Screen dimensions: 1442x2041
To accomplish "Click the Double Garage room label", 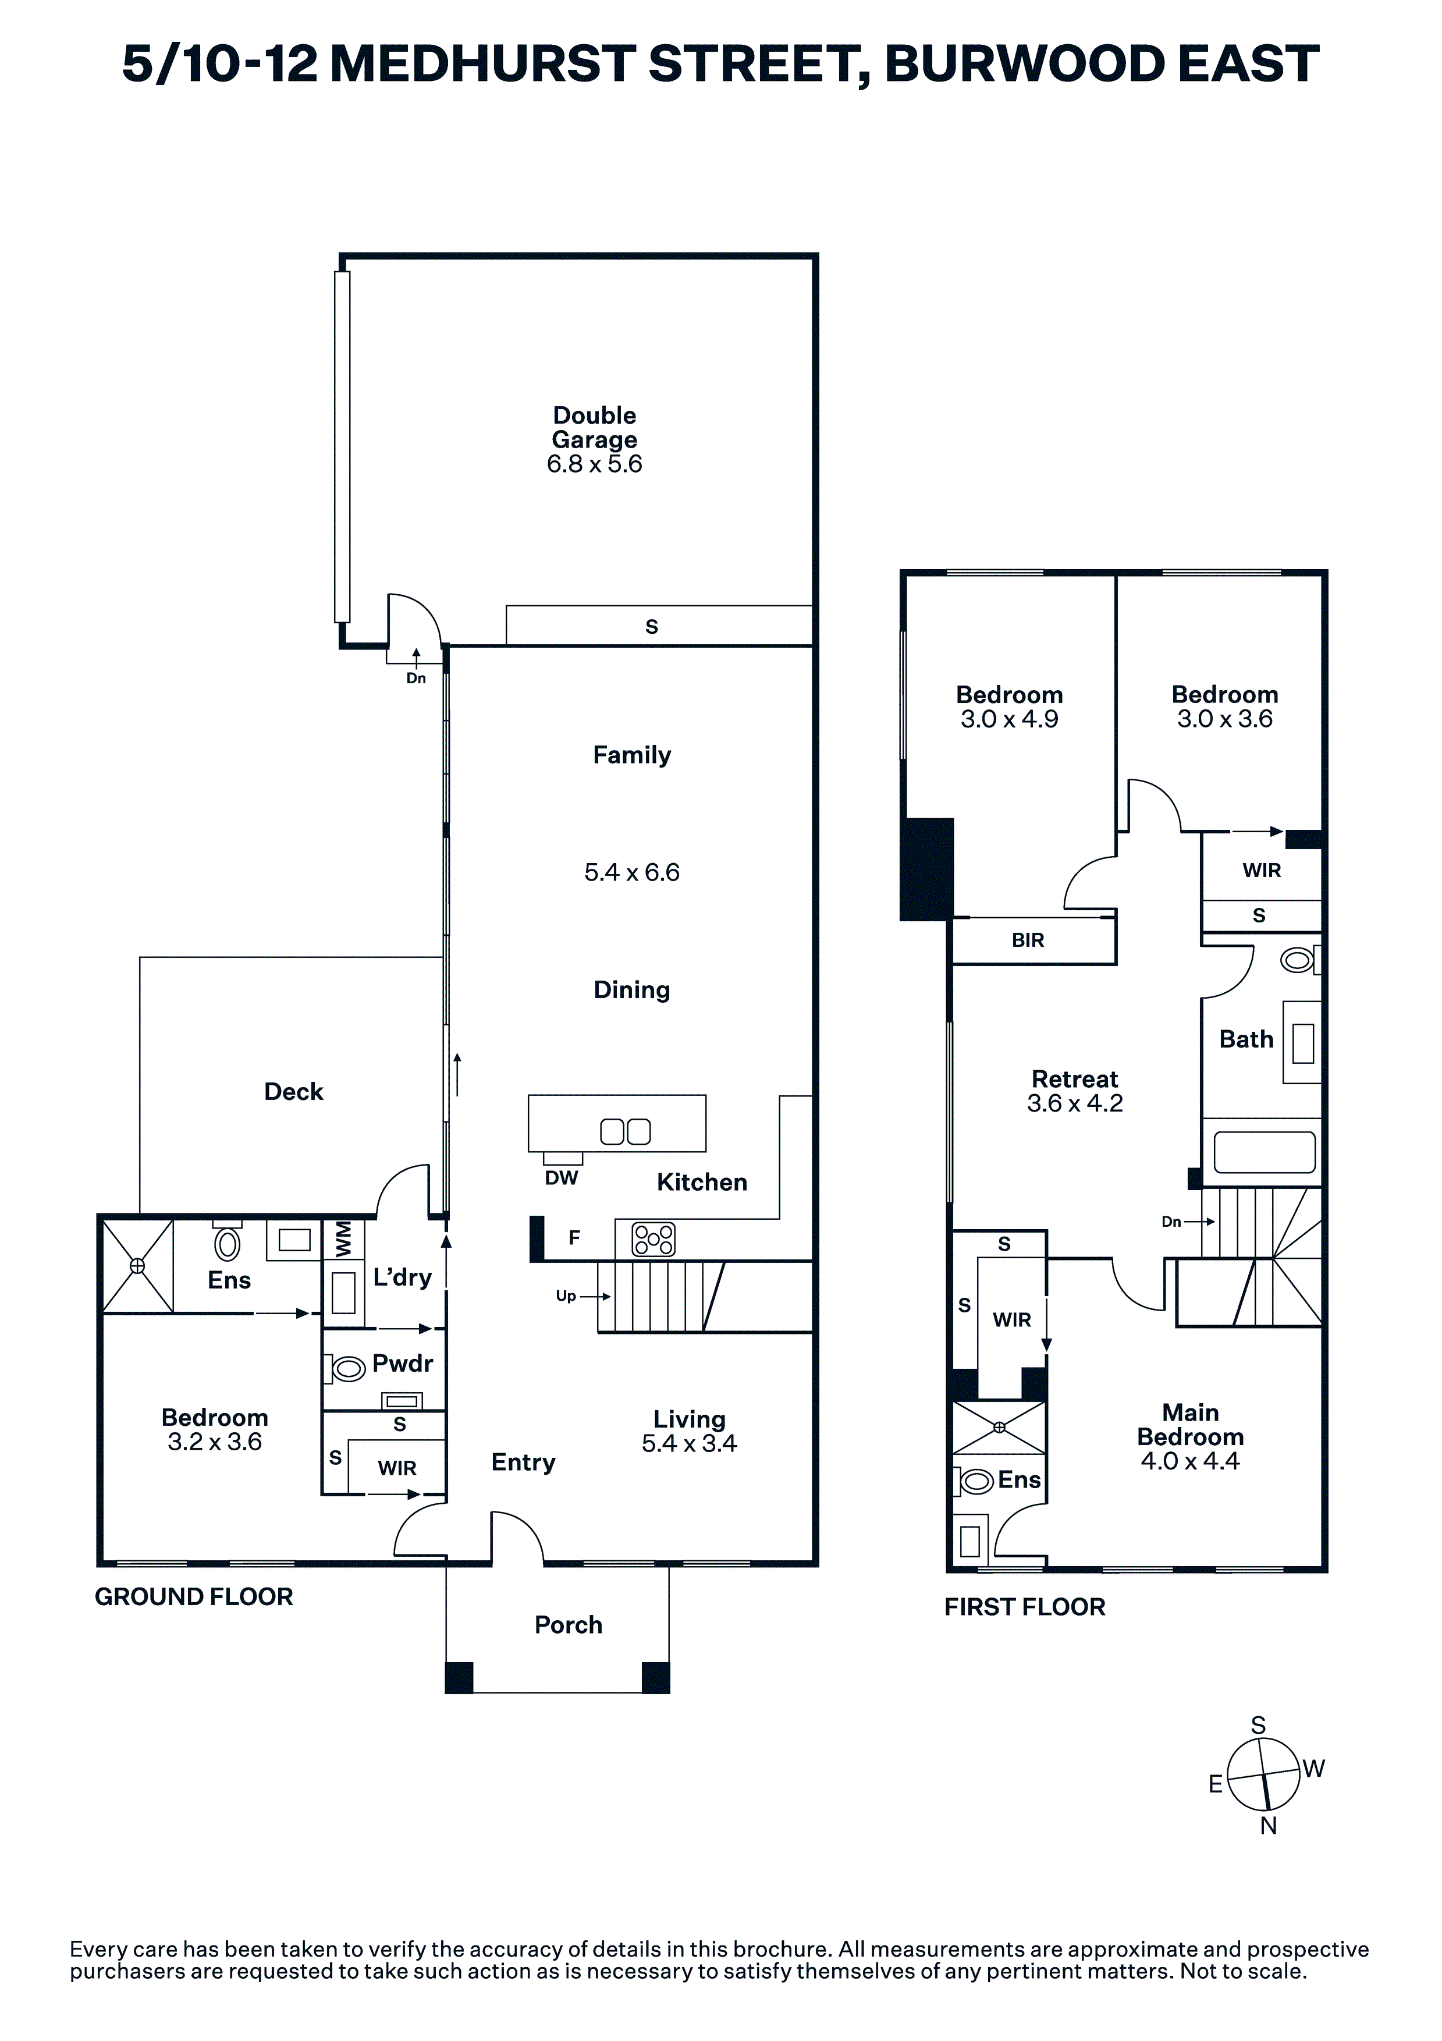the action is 595,428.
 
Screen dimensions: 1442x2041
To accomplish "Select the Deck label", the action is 293,1092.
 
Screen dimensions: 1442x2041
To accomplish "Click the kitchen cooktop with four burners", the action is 653,1239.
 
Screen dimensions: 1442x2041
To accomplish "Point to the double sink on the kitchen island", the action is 626,1131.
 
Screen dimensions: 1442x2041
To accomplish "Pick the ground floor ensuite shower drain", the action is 138,1266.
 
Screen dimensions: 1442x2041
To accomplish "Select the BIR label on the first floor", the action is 1028,940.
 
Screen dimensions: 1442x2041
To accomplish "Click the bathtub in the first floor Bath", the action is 1263,1152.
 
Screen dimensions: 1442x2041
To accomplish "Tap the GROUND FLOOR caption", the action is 194,1598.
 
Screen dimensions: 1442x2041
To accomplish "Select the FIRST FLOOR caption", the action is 1025,1607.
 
